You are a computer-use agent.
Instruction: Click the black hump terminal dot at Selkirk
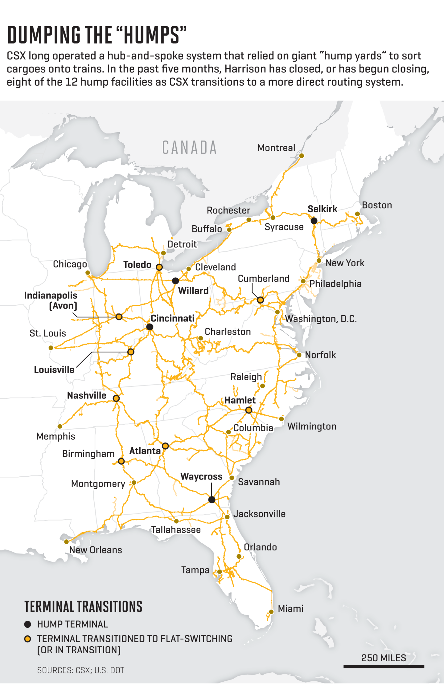[x=314, y=221]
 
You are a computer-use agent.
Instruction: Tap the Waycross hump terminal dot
[x=212, y=500]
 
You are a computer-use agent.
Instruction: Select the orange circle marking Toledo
[x=159, y=267]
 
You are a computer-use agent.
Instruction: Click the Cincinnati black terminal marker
[x=150, y=327]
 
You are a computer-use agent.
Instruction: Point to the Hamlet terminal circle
[x=249, y=410]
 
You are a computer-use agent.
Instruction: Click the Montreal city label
[x=276, y=148]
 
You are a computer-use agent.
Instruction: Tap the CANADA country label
[x=189, y=148]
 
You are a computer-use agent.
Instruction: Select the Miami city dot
[x=271, y=612]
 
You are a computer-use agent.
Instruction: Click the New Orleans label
[x=96, y=550]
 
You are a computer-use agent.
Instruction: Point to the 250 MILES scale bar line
[x=384, y=667]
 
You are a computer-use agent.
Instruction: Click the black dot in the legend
[x=28, y=624]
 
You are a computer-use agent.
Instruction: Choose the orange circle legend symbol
[x=28, y=639]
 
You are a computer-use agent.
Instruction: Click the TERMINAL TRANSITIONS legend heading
[x=83, y=606]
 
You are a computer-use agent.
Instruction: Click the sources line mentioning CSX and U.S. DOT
[x=81, y=670]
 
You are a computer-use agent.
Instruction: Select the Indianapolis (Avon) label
[x=51, y=300]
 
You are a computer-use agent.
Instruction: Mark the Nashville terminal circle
[x=116, y=398]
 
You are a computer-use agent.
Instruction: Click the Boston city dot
[x=357, y=214]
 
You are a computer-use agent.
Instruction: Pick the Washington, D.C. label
[x=321, y=319]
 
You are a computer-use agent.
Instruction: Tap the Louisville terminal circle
[x=131, y=352]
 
